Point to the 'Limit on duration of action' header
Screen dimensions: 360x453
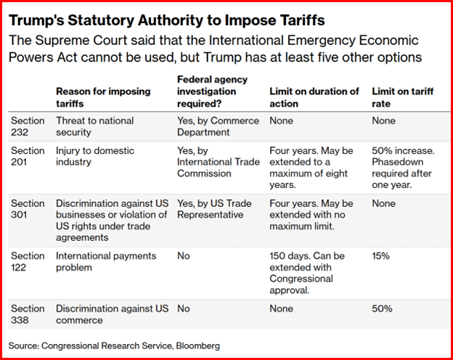(x=314, y=97)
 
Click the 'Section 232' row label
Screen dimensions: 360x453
(x=28, y=126)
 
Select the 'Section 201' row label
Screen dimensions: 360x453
(x=28, y=156)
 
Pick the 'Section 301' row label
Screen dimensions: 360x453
(x=28, y=209)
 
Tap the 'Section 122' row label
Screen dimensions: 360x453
(x=28, y=261)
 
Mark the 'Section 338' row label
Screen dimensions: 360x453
(x=28, y=314)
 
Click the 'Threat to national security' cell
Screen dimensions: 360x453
(x=95, y=126)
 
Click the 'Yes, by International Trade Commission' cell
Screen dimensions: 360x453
(x=219, y=162)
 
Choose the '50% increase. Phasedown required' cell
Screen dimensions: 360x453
(x=403, y=168)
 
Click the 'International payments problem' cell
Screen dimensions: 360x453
(x=106, y=261)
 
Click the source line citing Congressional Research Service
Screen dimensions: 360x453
(x=114, y=345)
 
